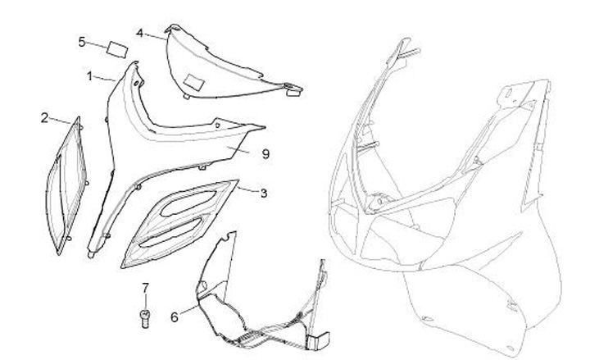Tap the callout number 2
point(45,117)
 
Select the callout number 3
point(263,194)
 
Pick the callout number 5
point(82,41)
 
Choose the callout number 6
point(174,315)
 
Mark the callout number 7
point(146,287)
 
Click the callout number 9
point(265,153)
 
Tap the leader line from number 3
point(248,190)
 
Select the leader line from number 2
point(63,121)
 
